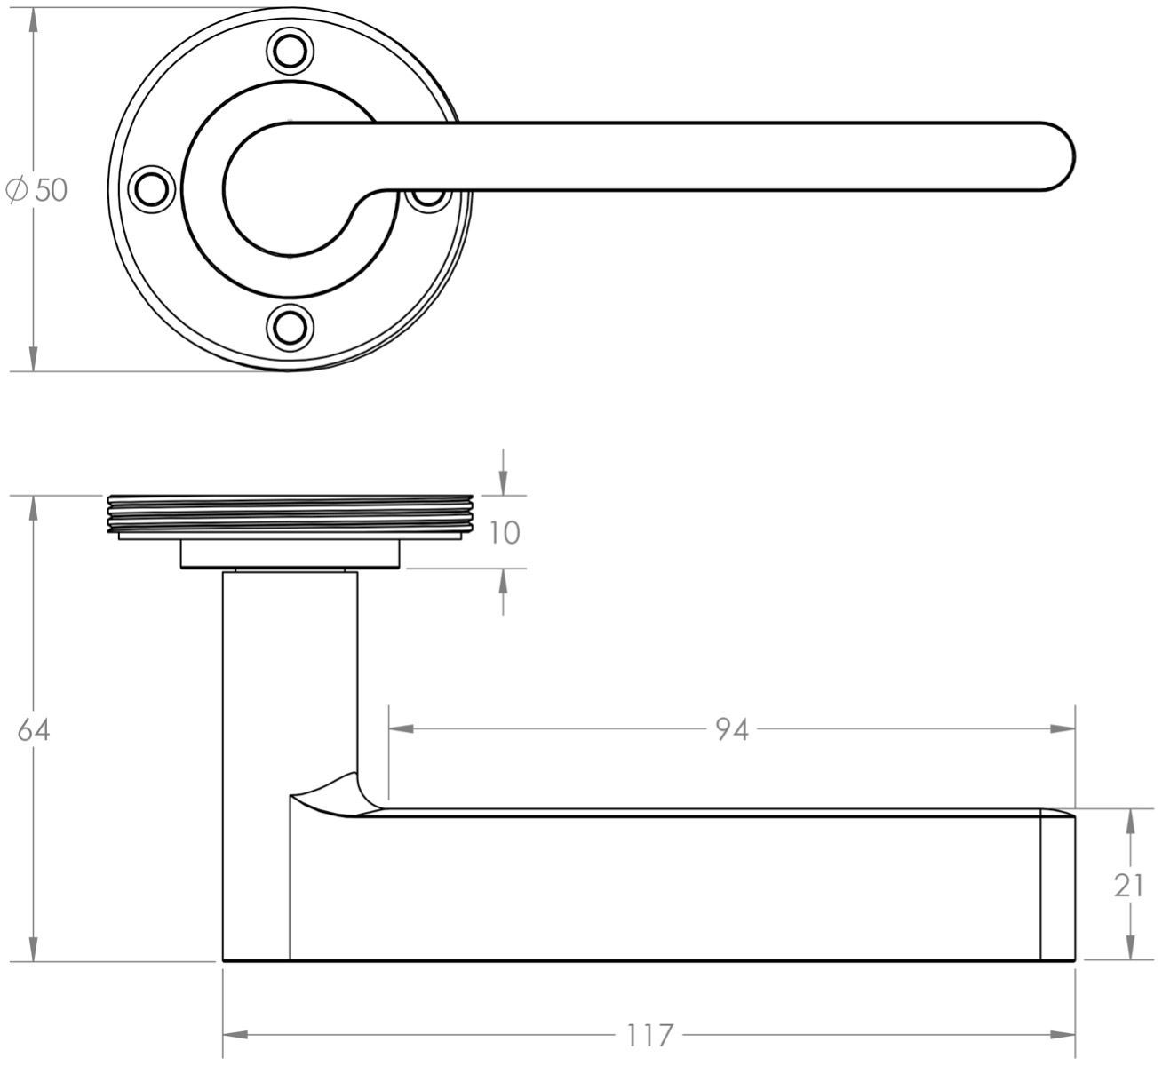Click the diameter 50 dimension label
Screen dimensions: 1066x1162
(37, 189)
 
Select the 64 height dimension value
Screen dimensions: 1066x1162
(34, 729)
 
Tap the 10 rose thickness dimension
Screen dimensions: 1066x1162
(504, 533)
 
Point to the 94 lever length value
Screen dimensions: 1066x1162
(732, 729)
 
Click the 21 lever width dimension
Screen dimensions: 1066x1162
(1128, 885)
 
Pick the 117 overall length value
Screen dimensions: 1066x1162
(649, 1035)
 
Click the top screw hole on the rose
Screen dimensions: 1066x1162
(290, 51)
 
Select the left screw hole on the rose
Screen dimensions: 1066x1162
(152, 188)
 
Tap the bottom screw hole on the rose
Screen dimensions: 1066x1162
(290, 326)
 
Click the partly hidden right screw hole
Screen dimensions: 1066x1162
(430, 197)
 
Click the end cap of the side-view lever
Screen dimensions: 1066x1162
(1057, 886)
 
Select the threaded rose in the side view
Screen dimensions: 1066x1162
(290, 516)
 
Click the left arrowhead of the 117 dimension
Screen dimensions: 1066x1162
(234, 1035)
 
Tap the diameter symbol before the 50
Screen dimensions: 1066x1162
(16, 189)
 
